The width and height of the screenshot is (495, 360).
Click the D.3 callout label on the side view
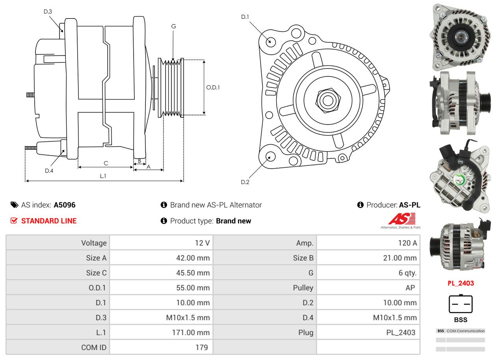point(48,11)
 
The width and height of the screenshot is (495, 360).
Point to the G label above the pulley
point(173,26)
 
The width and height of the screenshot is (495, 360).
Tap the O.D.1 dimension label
point(213,87)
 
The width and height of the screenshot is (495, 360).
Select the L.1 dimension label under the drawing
point(103,176)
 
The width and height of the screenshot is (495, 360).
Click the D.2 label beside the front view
point(245,182)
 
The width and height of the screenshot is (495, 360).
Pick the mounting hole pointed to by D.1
point(270,41)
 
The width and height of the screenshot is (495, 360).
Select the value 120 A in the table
point(408,243)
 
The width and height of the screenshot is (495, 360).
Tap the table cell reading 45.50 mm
point(193,273)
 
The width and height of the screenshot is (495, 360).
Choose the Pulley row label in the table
point(303,288)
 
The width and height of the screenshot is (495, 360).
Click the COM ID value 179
point(201,347)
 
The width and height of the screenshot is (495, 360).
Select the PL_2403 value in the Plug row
point(400,332)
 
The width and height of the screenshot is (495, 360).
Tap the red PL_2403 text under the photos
point(461,283)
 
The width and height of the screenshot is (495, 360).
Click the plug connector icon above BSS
point(460,304)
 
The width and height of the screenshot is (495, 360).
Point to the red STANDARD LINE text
point(49,221)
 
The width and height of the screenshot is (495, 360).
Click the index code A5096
point(65,205)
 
